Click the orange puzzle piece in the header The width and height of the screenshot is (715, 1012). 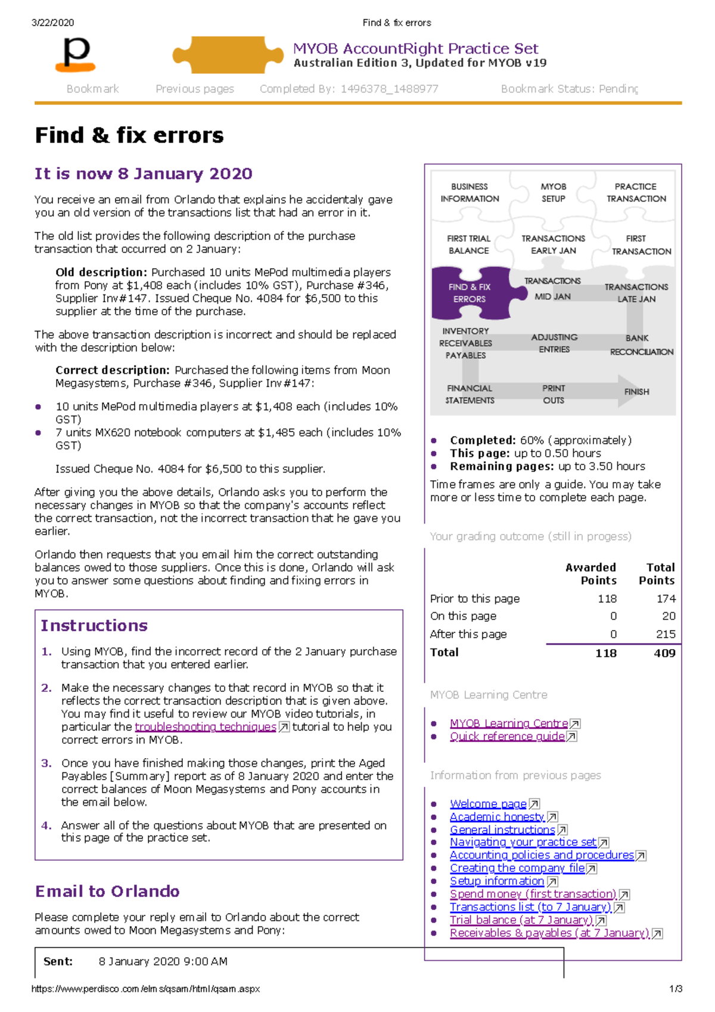point(226,55)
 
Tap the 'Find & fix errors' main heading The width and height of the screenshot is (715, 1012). point(129,135)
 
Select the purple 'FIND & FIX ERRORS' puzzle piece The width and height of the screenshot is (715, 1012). point(470,293)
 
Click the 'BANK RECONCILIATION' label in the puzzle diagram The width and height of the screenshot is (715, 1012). point(641,345)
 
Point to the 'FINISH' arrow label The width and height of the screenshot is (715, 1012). point(636,392)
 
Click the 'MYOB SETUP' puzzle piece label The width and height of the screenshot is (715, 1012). point(553,193)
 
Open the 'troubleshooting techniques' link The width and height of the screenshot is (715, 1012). point(206,727)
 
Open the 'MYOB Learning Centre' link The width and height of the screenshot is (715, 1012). point(509,723)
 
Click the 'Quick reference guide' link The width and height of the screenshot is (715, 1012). point(507,736)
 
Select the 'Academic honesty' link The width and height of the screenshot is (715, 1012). point(497,817)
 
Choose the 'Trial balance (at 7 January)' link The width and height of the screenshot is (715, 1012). point(521,920)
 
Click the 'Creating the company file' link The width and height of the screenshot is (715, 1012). point(517,868)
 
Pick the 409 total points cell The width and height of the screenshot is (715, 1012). point(664,653)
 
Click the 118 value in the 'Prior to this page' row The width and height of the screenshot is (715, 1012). point(607,598)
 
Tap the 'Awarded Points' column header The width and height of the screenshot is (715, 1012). point(590,573)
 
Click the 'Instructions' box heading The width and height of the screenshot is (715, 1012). point(94,625)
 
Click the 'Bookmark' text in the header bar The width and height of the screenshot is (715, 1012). point(92,89)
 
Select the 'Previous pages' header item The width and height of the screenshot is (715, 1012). point(194,89)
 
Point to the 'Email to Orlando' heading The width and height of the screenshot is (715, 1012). point(107,891)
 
